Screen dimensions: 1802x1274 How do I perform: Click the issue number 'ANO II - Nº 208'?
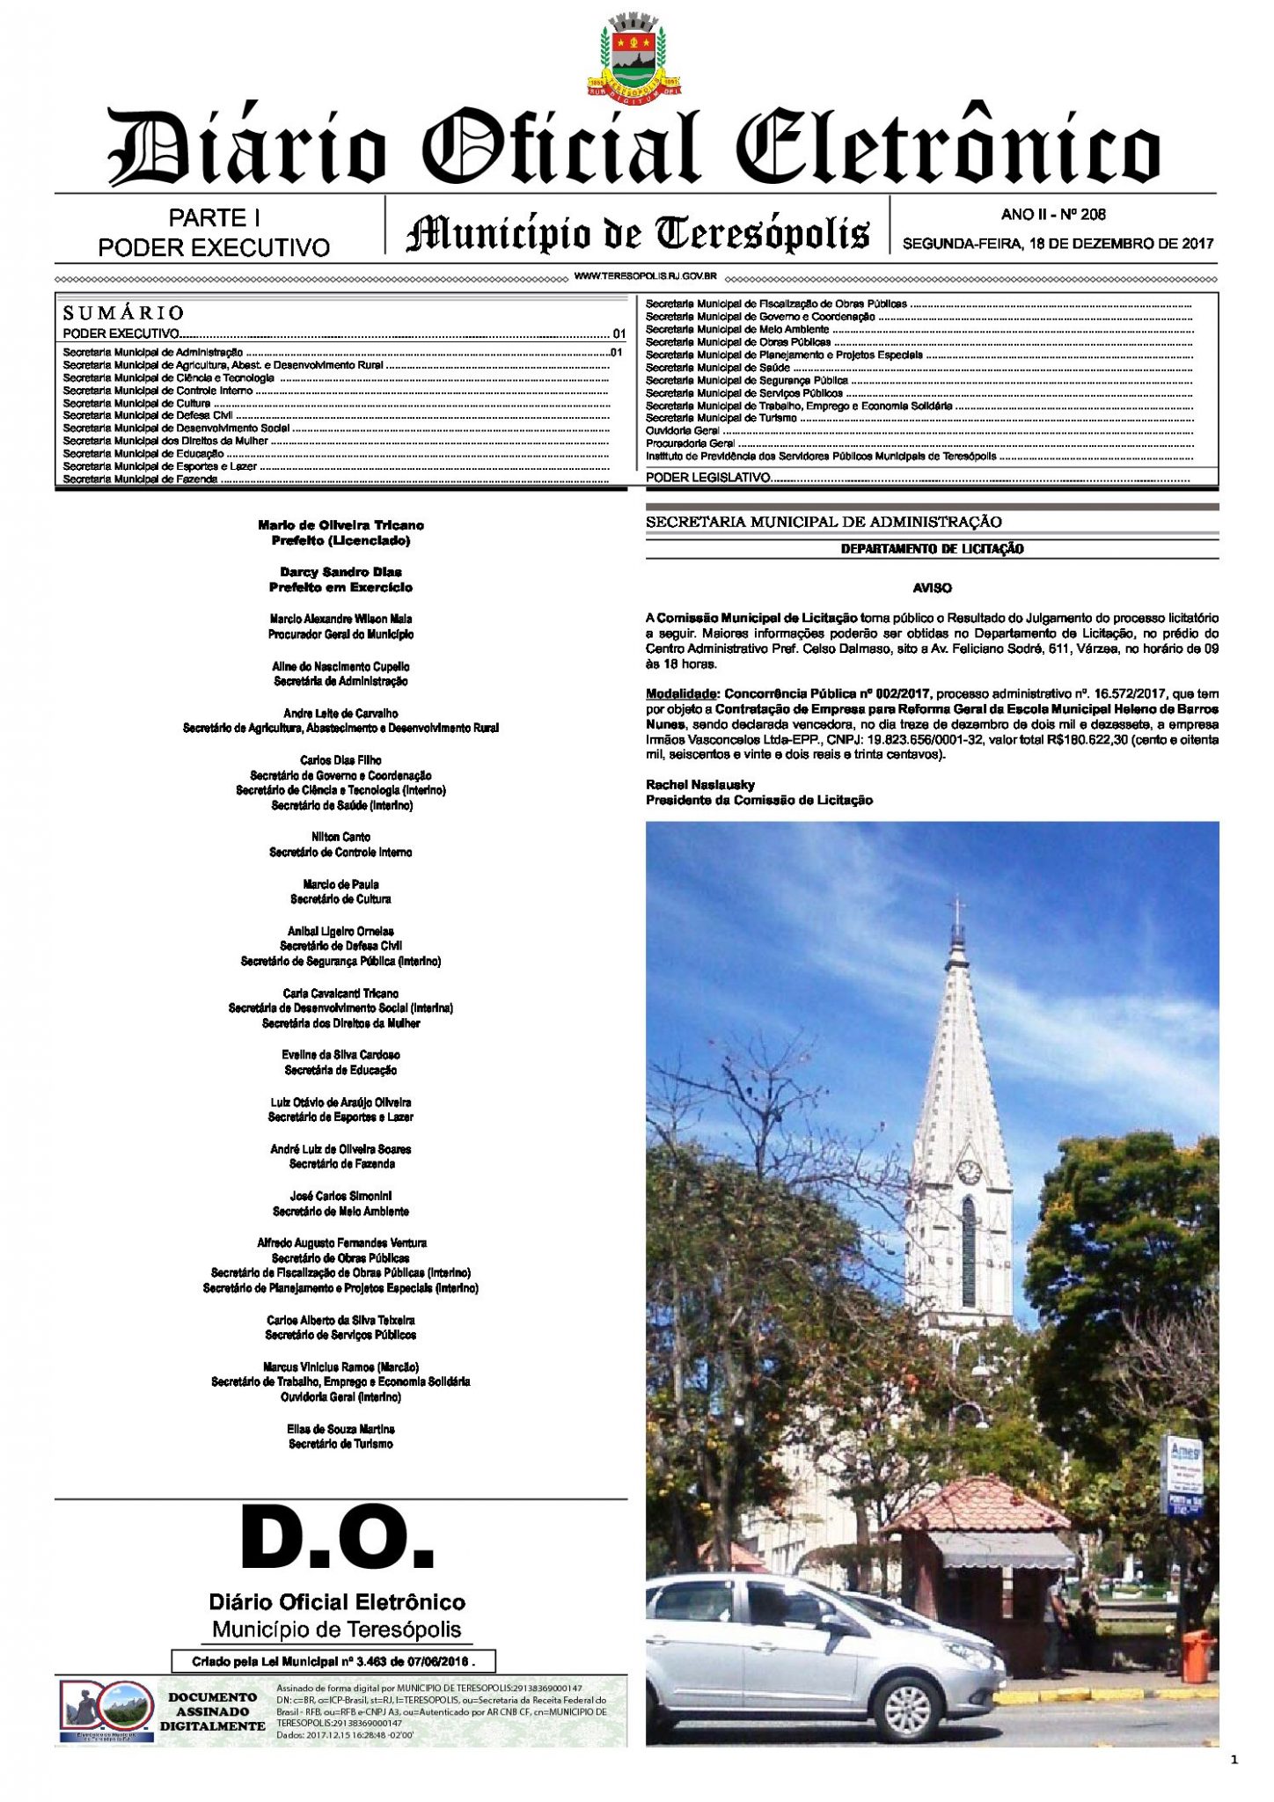coord(1053,214)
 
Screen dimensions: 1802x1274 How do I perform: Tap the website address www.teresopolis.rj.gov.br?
coord(645,276)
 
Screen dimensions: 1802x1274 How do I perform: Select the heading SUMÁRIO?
coord(123,312)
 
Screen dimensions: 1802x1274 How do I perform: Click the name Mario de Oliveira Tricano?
coord(340,525)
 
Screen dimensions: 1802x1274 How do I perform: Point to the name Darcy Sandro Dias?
coord(340,572)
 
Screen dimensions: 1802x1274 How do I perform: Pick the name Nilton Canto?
coord(340,837)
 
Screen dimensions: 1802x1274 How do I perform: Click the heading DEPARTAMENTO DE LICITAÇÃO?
coord(932,549)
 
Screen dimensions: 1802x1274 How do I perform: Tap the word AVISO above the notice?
coord(932,587)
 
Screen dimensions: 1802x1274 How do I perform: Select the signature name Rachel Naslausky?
coord(700,785)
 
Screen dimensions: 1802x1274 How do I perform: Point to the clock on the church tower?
coord(969,1171)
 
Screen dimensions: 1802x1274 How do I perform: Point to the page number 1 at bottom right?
coord(1234,1760)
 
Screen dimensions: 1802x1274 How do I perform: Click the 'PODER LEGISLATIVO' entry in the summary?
coord(708,477)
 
